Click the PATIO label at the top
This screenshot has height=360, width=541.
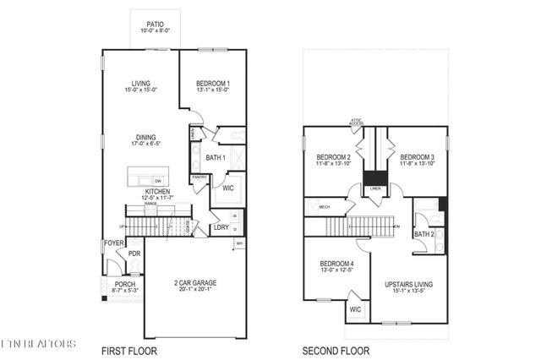click(x=154, y=25)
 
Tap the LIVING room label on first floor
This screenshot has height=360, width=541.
click(x=140, y=83)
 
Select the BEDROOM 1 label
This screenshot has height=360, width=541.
click(x=213, y=83)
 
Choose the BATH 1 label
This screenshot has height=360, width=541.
click(x=215, y=157)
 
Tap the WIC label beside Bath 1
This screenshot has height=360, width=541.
click(x=227, y=188)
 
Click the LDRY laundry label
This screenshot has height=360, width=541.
click(x=221, y=226)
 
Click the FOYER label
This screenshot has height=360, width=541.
click(x=113, y=243)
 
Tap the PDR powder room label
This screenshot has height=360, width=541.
click(x=134, y=254)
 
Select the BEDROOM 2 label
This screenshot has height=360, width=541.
click(x=333, y=157)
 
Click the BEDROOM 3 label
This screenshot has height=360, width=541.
click(x=417, y=157)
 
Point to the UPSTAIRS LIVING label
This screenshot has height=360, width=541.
click(x=408, y=284)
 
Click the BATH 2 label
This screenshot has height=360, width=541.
click(x=424, y=233)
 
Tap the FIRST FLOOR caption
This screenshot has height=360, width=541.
click(x=128, y=350)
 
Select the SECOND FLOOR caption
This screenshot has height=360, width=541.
click(x=336, y=350)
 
